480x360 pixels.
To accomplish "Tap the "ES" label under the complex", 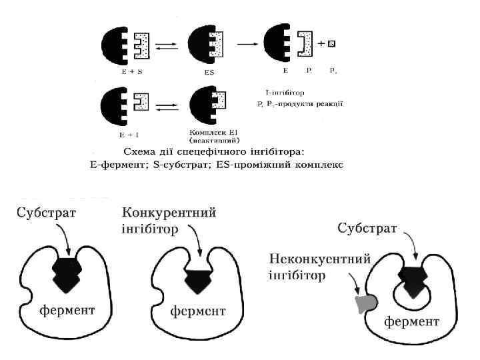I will pos(209,71).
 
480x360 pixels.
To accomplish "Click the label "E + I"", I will pos(121,131).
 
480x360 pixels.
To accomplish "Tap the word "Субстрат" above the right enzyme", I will pos(367,229).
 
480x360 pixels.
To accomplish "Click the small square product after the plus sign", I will pos(331,44).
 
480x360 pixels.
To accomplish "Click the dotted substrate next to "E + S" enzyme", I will pos(143,45).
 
